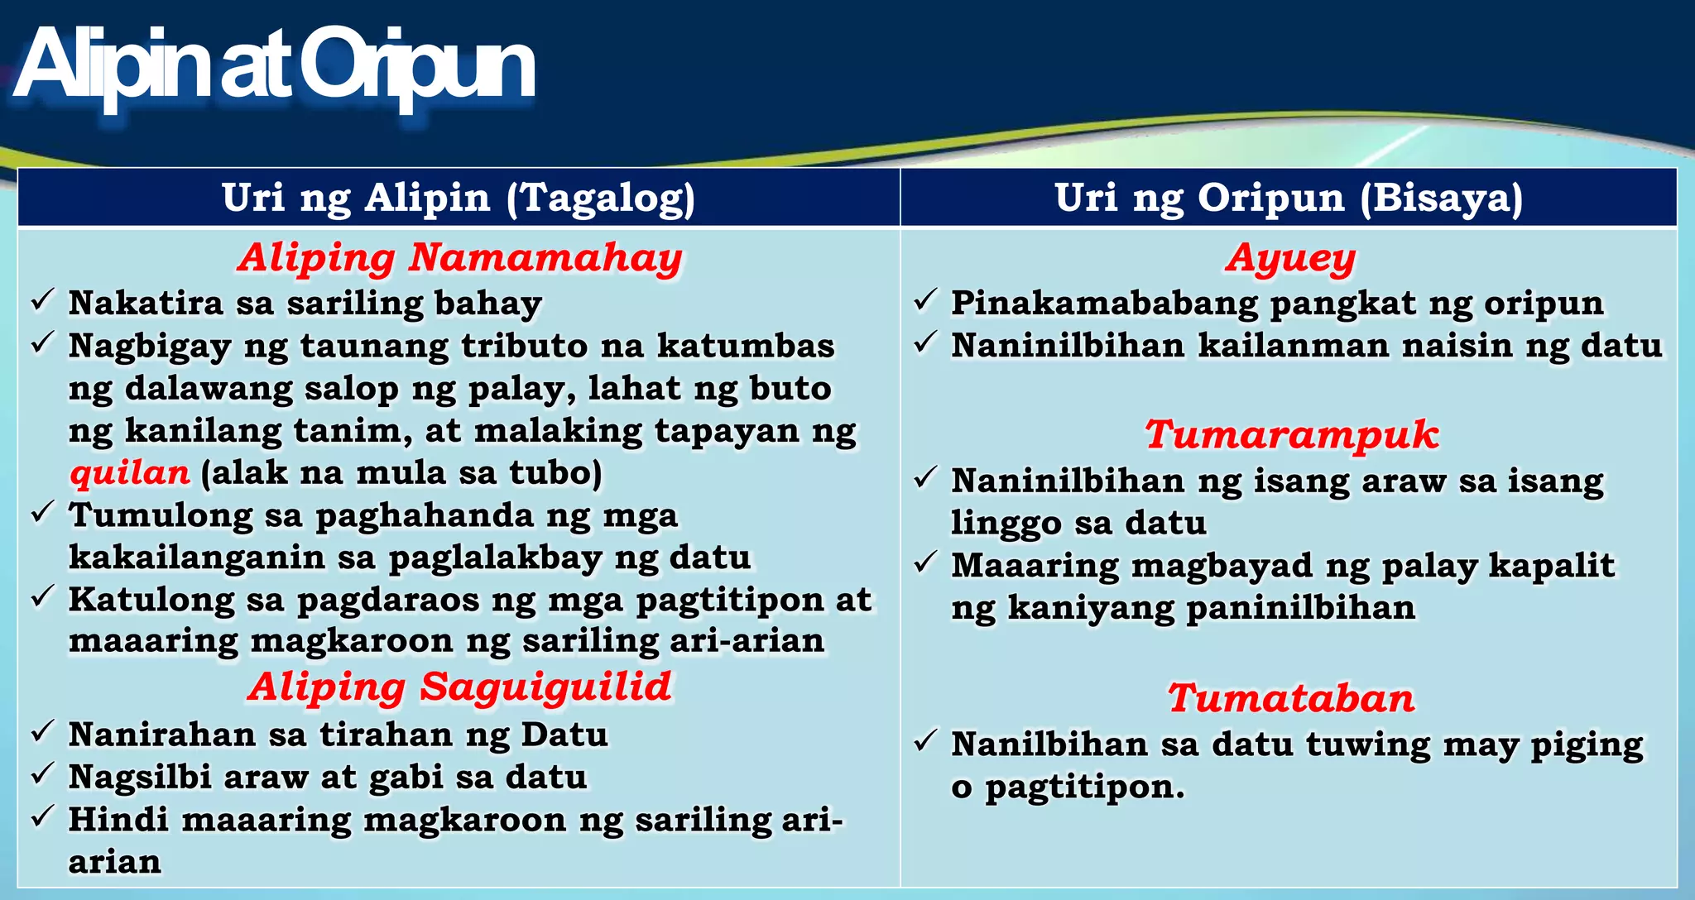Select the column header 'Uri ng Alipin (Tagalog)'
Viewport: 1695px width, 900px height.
tap(459, 199)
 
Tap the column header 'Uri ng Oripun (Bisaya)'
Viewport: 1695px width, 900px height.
tap(1289, 199)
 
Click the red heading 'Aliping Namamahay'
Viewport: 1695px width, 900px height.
tap(460, 257)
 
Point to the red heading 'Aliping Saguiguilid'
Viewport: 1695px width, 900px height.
tap(460, 687)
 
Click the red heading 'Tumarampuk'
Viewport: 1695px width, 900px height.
tap(1292, 434)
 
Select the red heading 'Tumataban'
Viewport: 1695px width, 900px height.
tap(1291, 698)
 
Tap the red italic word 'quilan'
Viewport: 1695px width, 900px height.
tap(130, 473)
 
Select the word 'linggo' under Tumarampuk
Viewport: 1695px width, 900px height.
tap(995, 524)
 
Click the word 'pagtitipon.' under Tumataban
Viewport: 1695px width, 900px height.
tap(1085, 787)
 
